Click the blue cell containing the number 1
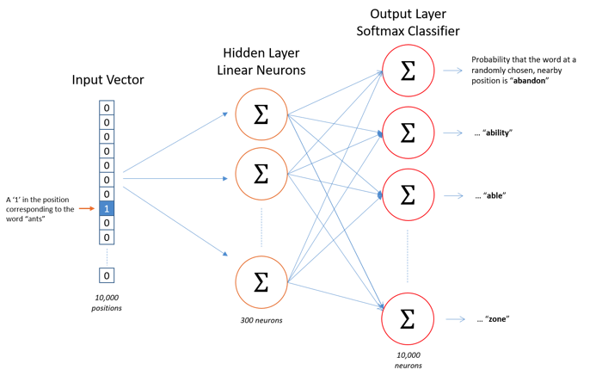pos(107,208)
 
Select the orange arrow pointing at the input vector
pos(86,208)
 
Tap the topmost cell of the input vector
pos(107,108)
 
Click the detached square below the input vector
pos(107,275)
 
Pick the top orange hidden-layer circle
pos(261,114)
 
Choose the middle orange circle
pos(261,174)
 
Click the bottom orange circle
pos(261,281)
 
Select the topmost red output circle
pos(408,71)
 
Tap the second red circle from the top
pos(408,133)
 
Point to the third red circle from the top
pos(408,194)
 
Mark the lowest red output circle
pos(408,318)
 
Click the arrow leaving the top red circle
pos(453,71)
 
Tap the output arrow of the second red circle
pos(453,133)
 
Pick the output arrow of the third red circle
pos(453,196)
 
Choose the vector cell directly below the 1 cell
pos(107,223)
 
